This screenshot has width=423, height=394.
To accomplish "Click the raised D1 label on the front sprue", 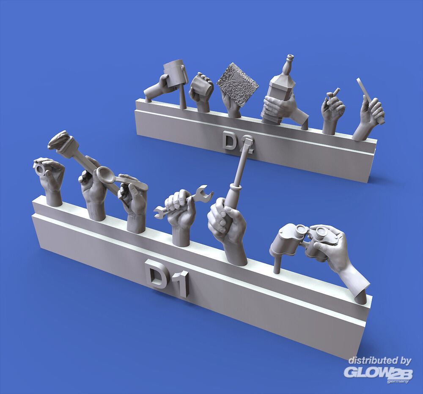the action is coord(166,278).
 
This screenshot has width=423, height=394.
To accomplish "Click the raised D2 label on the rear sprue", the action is coord(238,142).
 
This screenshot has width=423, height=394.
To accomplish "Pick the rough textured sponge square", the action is coord(237,84).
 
